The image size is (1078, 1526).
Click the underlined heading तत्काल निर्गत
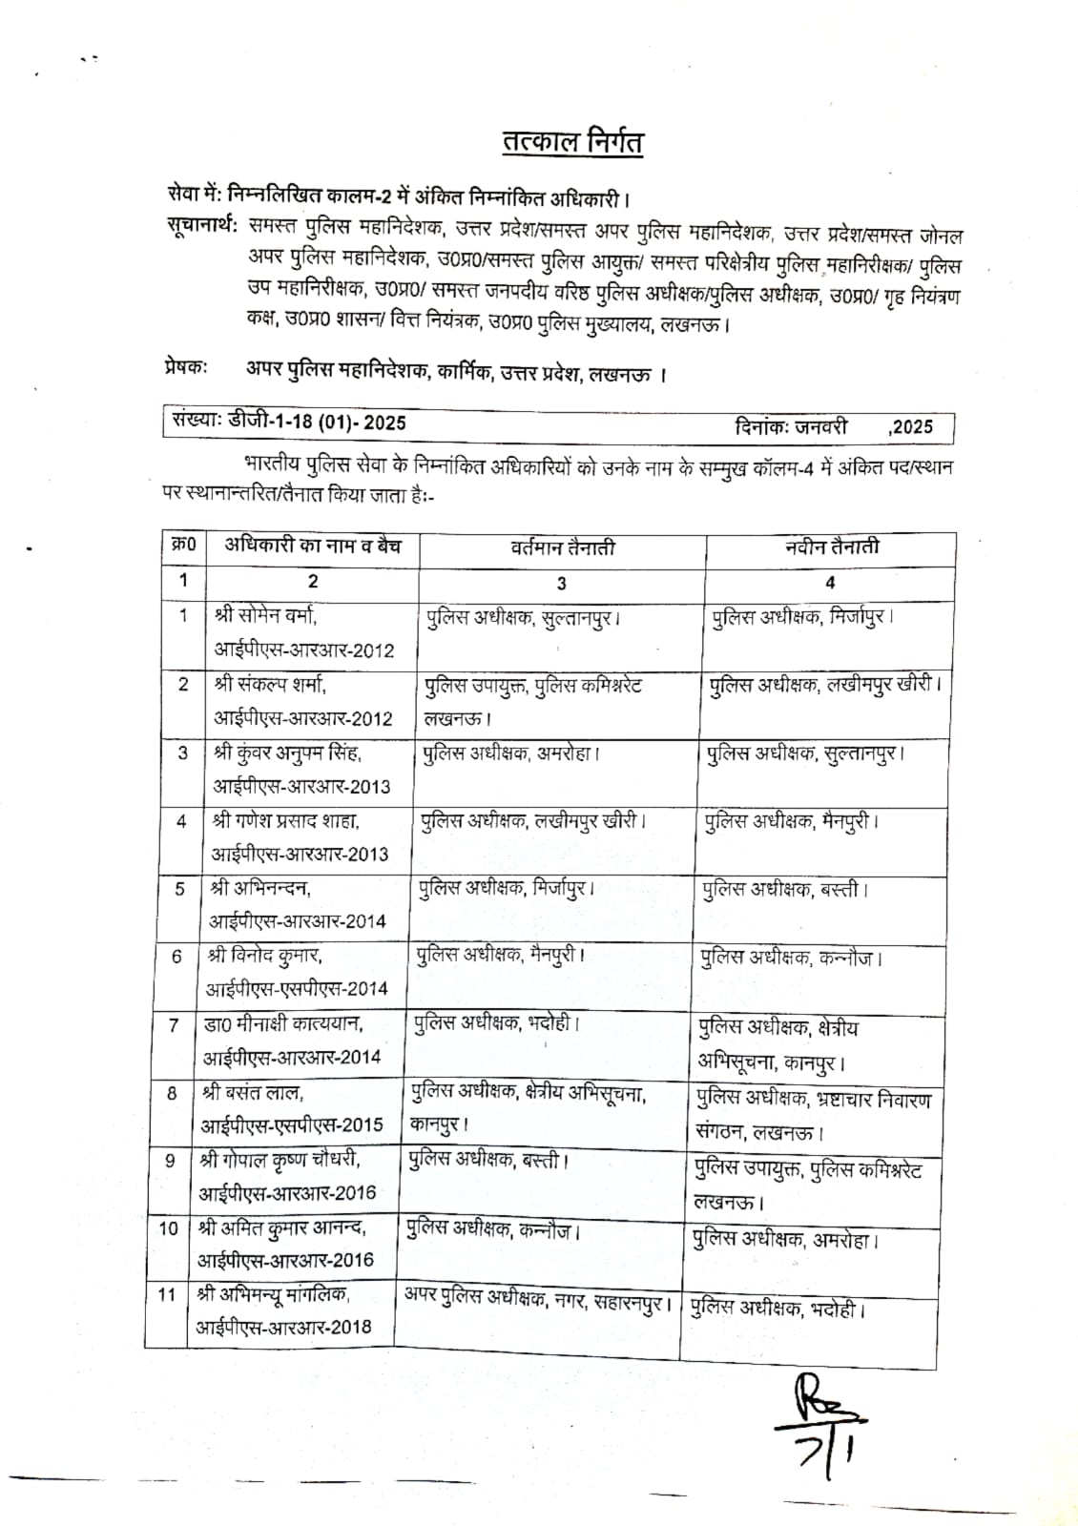point(573,143)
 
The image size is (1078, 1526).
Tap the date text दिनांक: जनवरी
point(791,426)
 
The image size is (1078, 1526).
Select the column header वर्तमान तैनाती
point(563,547)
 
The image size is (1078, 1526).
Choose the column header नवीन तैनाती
point(832,546)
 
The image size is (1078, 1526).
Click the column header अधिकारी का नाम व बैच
point(313,546)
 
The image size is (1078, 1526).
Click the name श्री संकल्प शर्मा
point(271,684)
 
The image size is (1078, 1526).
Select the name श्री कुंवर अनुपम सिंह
point(288,753)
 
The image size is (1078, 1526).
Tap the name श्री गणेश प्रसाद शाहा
point(286,820)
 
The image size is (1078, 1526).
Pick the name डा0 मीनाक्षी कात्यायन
point(282,1024)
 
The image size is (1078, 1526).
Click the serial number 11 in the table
point(167,1295)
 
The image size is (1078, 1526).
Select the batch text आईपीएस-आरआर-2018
point(284,1327)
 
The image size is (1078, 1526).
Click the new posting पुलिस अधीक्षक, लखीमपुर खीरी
point(825,686)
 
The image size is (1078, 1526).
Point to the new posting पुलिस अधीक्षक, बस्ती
point(785,890)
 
